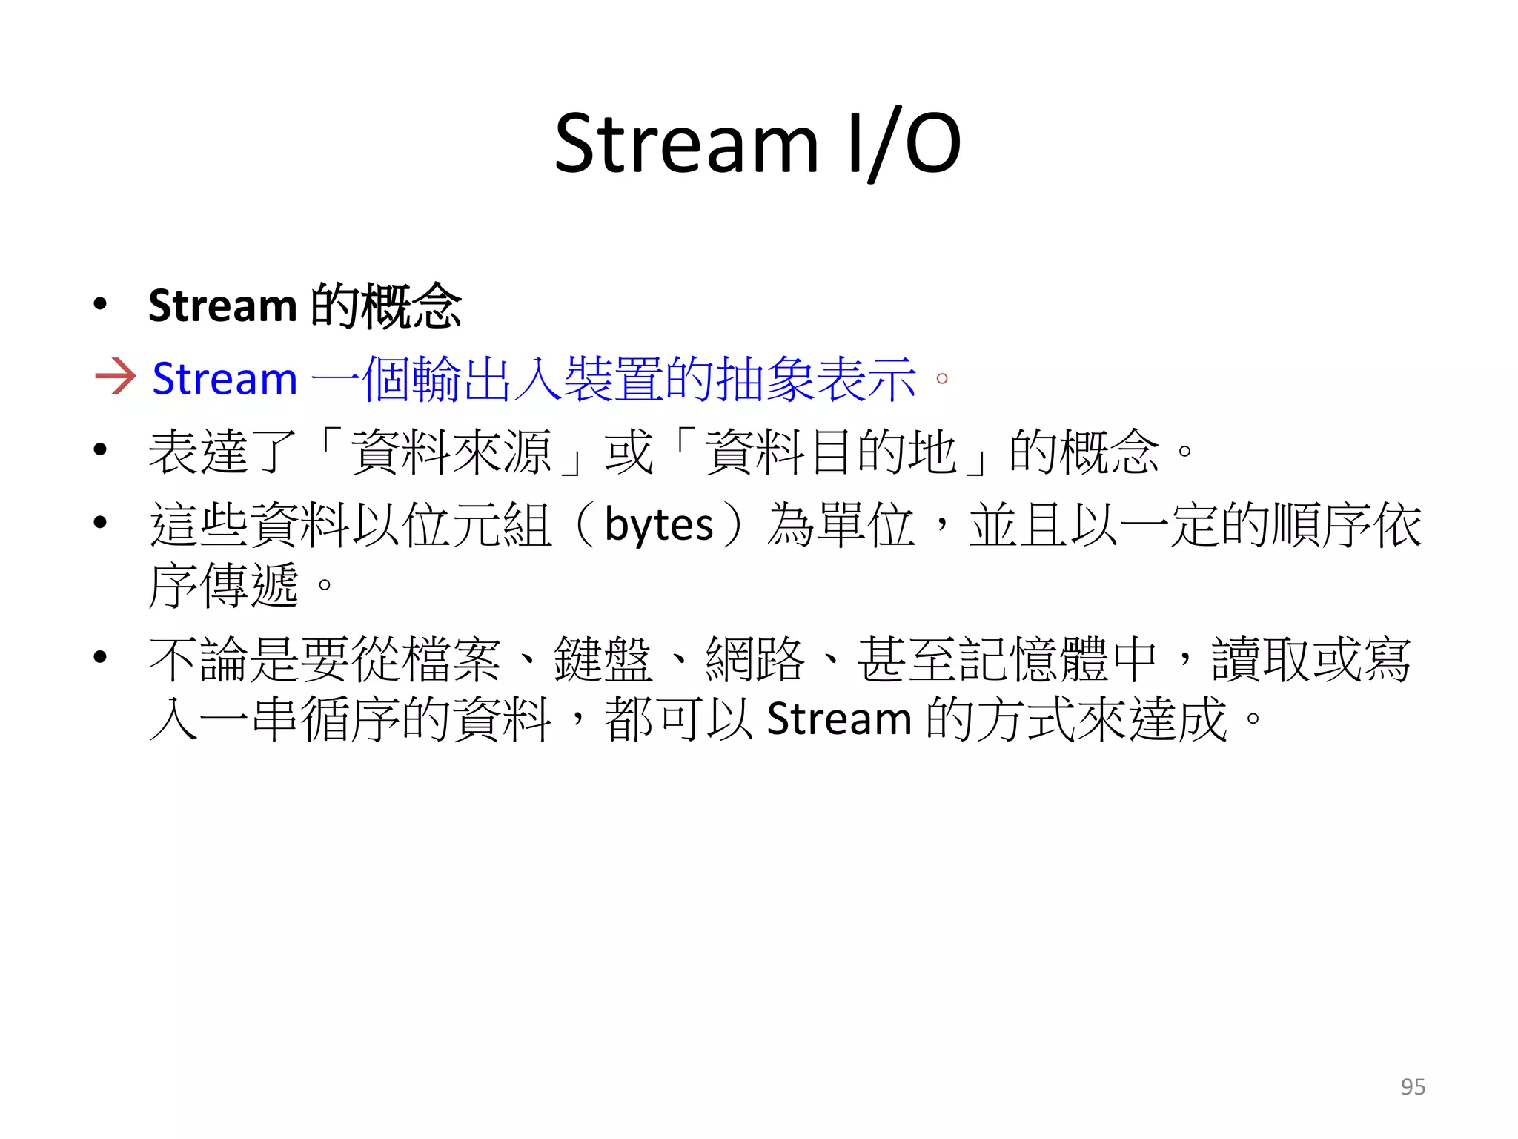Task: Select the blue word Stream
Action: coord(225,379)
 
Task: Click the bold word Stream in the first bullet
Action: coord(222,306)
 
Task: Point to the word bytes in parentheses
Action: coord(658,525)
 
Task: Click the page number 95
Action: coord(1413,1086)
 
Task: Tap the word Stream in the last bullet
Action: coord(839,719)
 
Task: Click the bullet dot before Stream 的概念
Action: coord(101,304)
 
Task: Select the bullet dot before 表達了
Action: coord(101,449)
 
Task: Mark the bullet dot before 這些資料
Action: coord(101,523)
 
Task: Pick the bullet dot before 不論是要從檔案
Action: coord(101,657)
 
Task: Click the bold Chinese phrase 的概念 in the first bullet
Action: coord(386,306)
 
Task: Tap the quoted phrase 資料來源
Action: coord(451,452)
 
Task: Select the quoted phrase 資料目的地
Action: coord(831,452)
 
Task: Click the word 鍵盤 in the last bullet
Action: coord(603,658)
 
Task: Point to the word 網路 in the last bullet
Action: coord(755,658)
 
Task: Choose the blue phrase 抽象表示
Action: coord(817,379)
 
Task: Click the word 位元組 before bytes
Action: coord(477,525)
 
